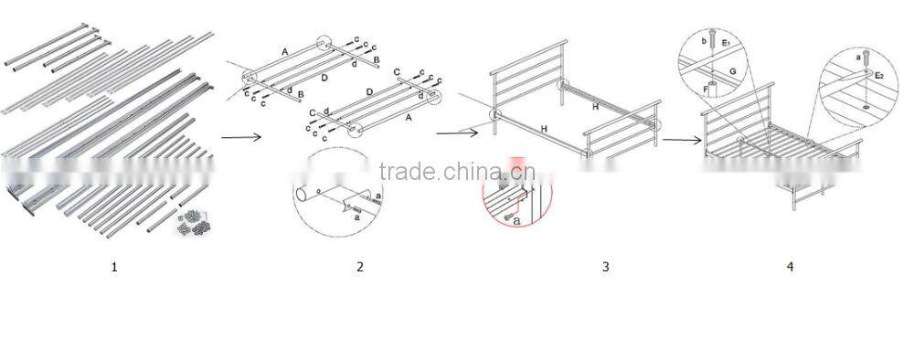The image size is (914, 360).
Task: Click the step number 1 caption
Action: pos(114,267)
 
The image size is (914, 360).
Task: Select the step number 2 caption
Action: pos(360,267)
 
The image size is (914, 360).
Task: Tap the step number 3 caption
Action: pos(605,267)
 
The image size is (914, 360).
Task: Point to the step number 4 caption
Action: pos(790,267)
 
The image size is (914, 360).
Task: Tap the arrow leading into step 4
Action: pos(681,141)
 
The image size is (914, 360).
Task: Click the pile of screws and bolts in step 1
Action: pos(194,224)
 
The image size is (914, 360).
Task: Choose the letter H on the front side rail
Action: pos(545,130)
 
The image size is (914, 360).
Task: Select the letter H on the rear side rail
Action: pos(596,107)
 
